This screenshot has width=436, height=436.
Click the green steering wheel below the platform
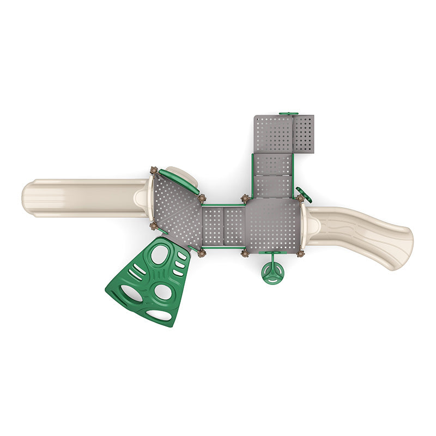coord(272,274)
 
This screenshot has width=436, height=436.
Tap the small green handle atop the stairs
coord(288,114)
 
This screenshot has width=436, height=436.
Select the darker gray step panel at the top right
coord(304,134)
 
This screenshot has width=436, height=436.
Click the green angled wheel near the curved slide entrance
coord(304,195)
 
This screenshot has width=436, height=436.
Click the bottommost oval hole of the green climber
coord(159,314)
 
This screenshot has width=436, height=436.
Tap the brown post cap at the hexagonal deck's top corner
coord(154,171)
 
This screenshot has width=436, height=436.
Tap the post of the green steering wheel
coord(272,258)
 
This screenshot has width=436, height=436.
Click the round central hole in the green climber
coord(162,292)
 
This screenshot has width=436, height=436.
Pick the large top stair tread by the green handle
coord(274,134)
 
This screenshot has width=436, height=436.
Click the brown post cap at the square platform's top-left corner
coord(245,198)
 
